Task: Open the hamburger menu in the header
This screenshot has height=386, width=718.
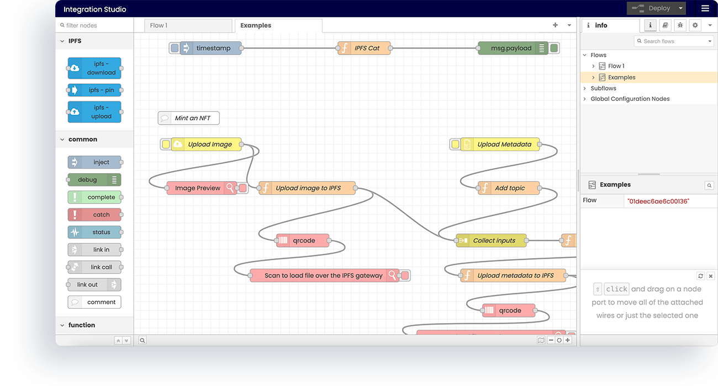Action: [x=705, y=8]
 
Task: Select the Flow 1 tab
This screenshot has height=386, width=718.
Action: [x=159, y=25]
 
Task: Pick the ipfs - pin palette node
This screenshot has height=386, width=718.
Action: [x=94, y=90]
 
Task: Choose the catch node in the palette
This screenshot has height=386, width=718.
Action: [x=94, y=215]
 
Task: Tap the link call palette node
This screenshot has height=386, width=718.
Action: [x=94, y=267]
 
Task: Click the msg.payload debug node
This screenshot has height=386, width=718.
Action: [x=511, y=48]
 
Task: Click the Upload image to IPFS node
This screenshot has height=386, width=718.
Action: [x=308, y=188]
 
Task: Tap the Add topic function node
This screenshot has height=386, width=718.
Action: [x=509, y=188]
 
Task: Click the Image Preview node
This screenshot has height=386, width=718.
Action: [x=197, y=188]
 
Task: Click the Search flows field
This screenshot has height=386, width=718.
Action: [x=674, y=41]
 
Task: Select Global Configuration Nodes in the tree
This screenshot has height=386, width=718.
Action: [x=630, y=99]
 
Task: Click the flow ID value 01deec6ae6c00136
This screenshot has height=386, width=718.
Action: [x=658, y=201]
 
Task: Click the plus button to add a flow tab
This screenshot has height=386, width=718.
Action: [x=555, y=25]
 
